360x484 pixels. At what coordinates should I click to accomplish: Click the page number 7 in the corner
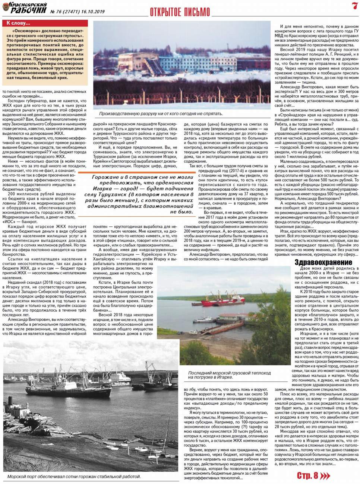pyautogui.click(x=354, y=6)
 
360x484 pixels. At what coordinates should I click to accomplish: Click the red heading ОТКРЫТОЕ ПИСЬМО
pyautogui.click(x=180, y=12)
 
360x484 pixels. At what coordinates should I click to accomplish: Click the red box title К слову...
pyautogui.click(x=18, y=23)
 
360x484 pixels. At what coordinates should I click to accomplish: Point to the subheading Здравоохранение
pyautogui.click(x=323, y=262)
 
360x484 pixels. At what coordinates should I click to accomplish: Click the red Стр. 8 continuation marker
pyautogui.click(x=307, y=475)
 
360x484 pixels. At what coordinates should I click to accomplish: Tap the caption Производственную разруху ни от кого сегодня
pyautogui.click(x=161, y=114)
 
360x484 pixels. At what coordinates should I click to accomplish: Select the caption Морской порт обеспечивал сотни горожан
pyautogui.click(x=74, y=476)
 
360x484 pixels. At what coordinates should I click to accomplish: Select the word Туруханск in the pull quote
pyautogui.click(x=109, y=195)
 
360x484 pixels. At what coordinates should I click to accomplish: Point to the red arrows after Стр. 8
pyautogui.click(x=325, y=475)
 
